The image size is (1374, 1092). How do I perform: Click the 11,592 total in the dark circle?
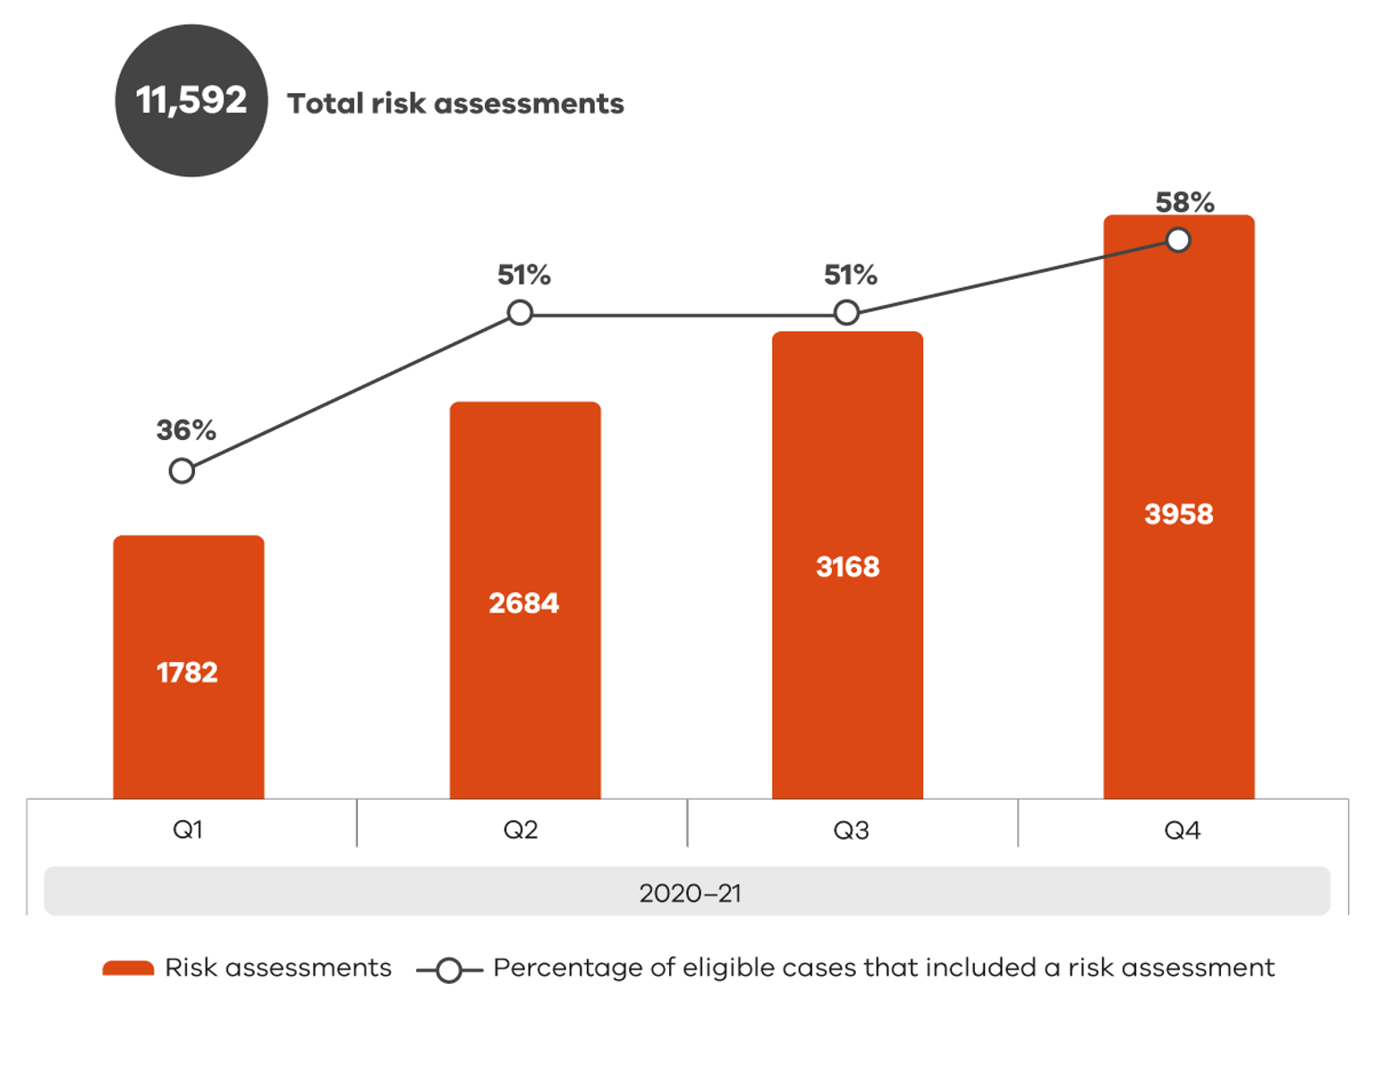[x=191, y=100]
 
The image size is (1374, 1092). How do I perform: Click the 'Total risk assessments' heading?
[x=455, y=104]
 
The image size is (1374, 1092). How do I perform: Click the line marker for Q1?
[x=182, y=470]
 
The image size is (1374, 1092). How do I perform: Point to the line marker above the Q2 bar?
[x=520, y=313]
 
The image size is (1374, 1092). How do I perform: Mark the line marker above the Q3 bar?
[x=846, y=313]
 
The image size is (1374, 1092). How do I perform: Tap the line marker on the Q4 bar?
[x=1178, y=240]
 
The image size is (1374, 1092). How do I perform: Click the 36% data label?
[x=186, y=430]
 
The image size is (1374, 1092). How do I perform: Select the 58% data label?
[x=1184, y=202]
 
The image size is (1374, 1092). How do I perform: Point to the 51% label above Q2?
[x=524, y=275]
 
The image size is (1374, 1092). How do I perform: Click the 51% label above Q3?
[x=850, y=275]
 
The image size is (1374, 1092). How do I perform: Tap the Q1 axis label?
[x=188, y=830]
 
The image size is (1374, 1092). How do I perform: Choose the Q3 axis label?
[x=851, y=830]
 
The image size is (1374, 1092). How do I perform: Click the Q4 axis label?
[x=1182, y=830]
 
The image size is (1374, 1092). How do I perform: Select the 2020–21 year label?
[x=690, y=893]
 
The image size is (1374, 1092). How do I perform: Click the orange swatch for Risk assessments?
[x=128, y=968]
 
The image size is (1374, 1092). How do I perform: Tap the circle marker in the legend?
[x=449, y=969]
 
